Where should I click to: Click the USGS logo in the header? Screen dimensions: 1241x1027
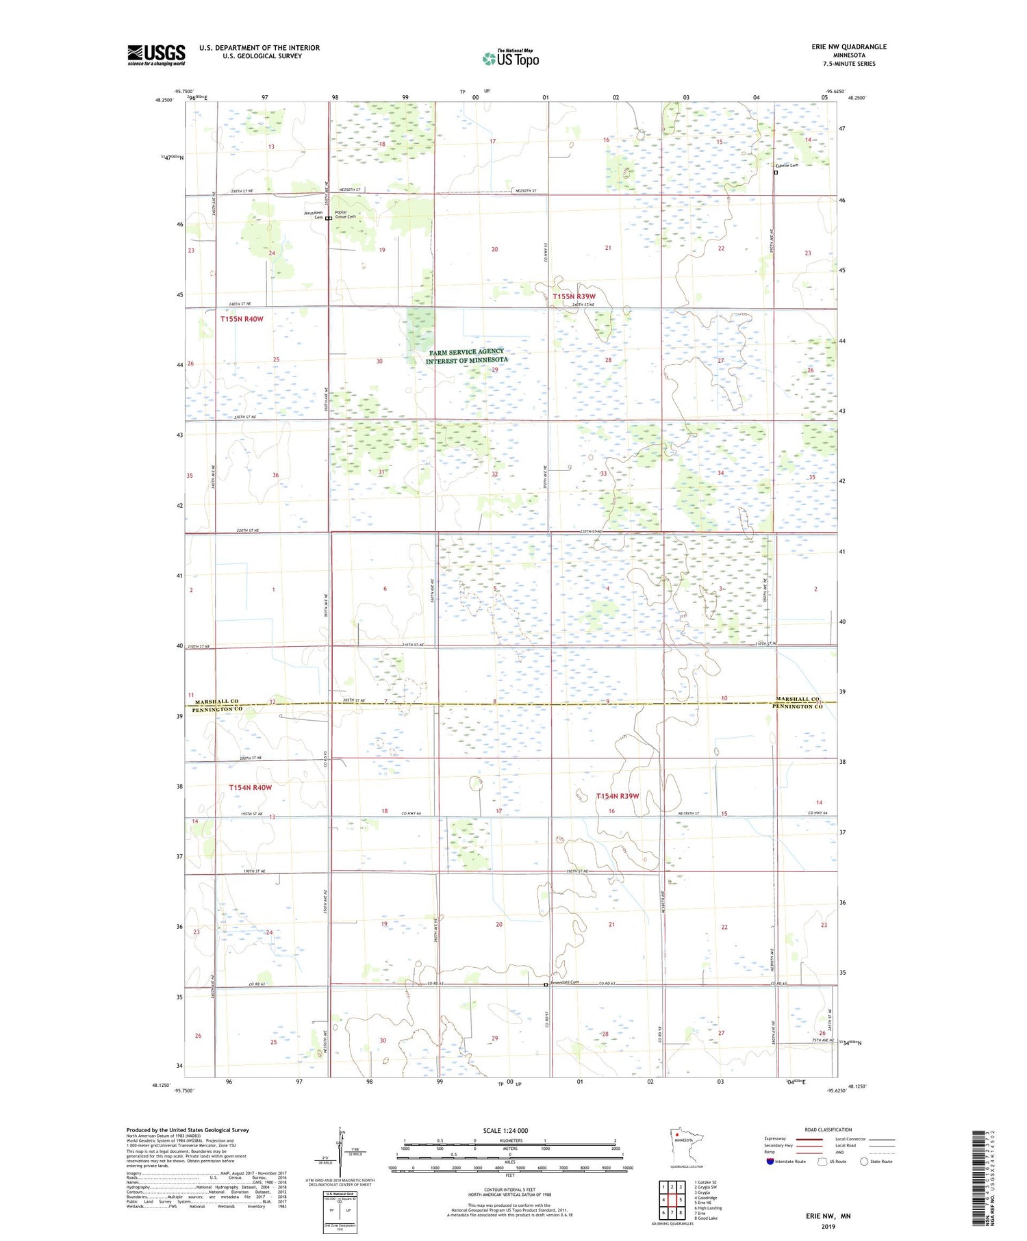tap(156, 55)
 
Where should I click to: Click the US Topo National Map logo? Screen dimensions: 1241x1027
tap(510, 58)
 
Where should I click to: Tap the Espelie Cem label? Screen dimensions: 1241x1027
tap(787, 166)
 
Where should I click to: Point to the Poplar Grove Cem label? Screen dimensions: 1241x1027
tap(345, 214)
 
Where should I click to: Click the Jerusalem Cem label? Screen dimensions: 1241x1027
tap(313, 215)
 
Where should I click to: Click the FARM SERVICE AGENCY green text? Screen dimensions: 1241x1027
tap(466, 352)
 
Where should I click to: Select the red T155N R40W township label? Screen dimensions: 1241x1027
tap(242, 319)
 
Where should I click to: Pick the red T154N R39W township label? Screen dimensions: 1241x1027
tap(617, 796)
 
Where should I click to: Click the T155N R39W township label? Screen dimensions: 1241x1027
tap(574, 296)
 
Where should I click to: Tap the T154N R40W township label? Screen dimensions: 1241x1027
tap(250, 787)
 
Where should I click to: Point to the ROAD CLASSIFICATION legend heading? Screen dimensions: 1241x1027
tap(828, 1129)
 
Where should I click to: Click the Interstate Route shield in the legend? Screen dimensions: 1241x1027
tap(770, 1162)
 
